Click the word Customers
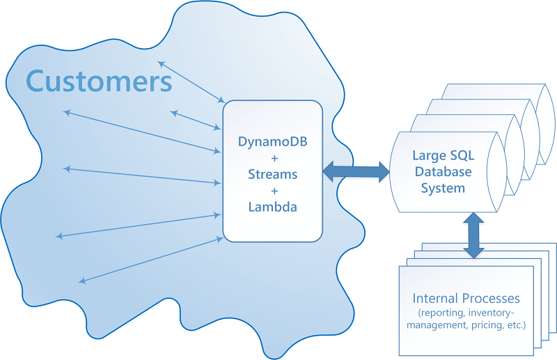99,81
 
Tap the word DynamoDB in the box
272,141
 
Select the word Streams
272,174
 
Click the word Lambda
272,206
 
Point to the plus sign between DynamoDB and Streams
272,158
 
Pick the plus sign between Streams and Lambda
272,190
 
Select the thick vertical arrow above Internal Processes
474,235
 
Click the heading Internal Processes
466,299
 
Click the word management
444,325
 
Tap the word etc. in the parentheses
516,325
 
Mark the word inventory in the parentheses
499,312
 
